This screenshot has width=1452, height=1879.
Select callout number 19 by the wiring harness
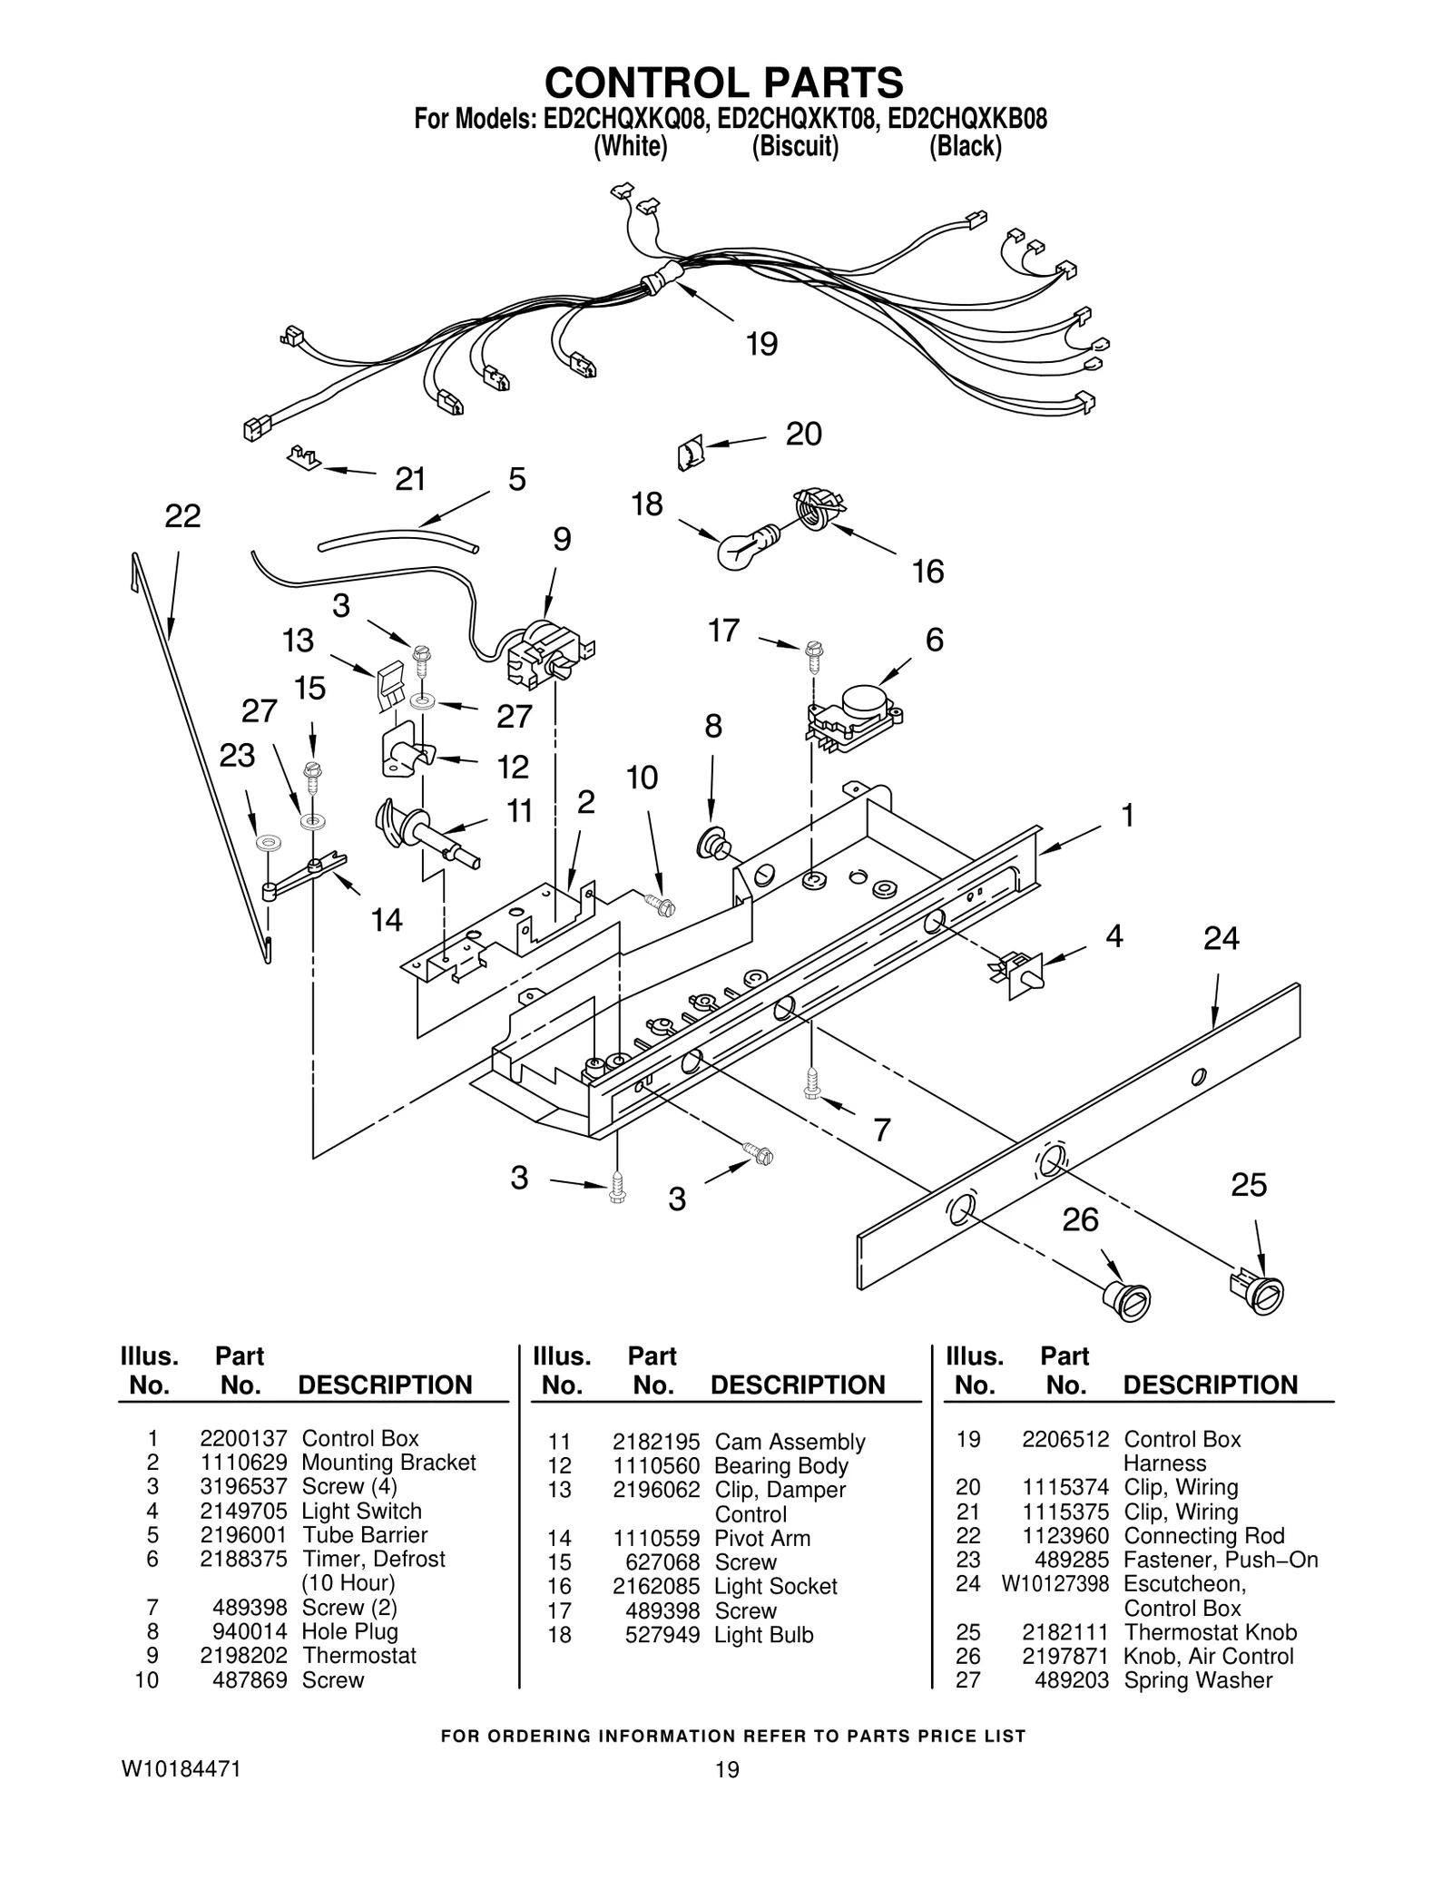pos(761,345)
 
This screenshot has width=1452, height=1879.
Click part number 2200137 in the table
pos(243,1438)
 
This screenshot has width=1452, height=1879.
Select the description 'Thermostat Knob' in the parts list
pos(1210,1632)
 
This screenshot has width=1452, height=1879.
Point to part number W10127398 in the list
pos(1055,1583)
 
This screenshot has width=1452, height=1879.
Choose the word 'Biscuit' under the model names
pos(794,146)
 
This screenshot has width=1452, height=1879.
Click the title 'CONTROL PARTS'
pos(723,83)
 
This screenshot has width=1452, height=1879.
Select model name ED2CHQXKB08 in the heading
pos(966,119)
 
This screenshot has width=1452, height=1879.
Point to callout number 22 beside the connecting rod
pos(182,516)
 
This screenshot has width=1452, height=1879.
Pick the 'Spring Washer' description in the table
pos(1198,1680)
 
